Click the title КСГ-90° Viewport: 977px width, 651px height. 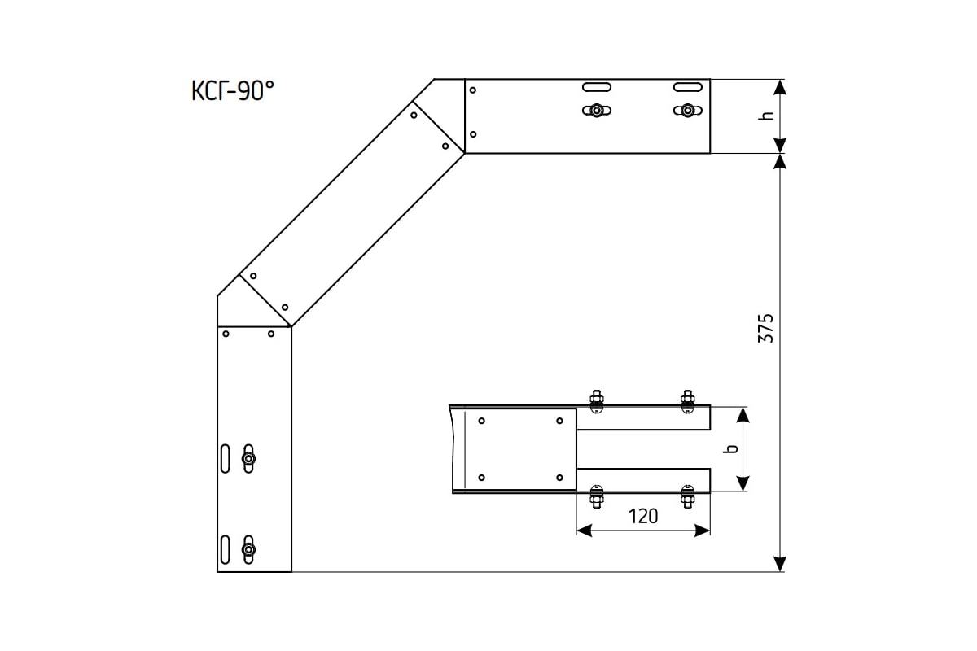coord(233,90)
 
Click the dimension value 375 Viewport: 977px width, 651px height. coord(765,328)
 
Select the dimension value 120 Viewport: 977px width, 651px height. coord(643,517)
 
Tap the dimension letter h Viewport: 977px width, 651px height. coord(766,116)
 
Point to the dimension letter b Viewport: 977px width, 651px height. coord(730,448)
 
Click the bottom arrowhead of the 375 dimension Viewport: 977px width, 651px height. coord(779,564)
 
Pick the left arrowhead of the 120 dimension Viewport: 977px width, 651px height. coord(584,531)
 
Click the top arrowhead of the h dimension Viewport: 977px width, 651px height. coord(779,87)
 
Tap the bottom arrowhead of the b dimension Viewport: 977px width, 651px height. coord(743,484)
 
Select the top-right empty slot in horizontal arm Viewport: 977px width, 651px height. coord(688,87)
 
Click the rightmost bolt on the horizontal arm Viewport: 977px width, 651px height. coord(688,111)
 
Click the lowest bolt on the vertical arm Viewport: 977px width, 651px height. coord(248,549)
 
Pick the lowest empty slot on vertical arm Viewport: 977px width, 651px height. coord(225,549)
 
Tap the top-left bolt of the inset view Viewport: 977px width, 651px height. coord(596,402)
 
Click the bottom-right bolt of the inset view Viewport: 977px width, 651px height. coord(688,496)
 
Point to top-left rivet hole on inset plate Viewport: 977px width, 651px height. coord(481,421)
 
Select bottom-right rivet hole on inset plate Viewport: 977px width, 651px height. coord(559,478)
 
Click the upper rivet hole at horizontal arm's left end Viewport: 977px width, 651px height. coord(473,90)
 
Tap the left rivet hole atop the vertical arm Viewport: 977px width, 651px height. coord(226,334)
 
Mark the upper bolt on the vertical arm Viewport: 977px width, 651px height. coord(248,458)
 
